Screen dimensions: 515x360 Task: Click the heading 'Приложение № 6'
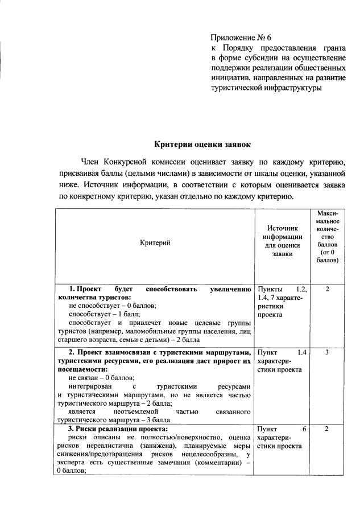(x=241, y=38)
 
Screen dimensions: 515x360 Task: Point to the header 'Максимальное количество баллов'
(x=328, y=236)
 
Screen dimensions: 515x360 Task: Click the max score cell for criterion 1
(x=328, y=289)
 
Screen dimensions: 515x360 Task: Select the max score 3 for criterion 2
(x=328, y=352)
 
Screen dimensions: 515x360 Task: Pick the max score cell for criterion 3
(x=328, y=429)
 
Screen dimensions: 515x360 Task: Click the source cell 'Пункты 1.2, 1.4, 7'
(x=282, y=302)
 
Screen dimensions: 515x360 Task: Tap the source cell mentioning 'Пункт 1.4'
(x=282, y=361)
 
